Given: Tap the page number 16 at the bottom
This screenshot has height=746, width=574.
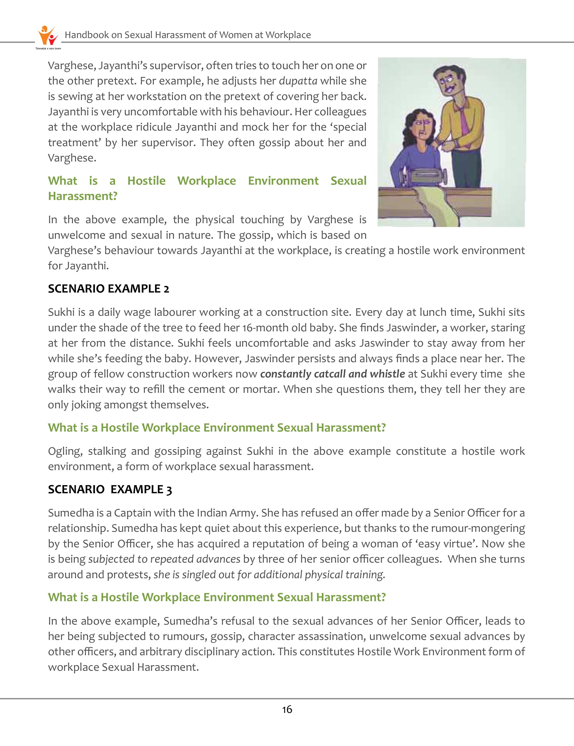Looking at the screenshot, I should coord(287,710).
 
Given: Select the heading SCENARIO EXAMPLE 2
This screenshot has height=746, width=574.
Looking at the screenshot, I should coord(108,289).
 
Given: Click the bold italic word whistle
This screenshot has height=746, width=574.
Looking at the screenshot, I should coord(388,374).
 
